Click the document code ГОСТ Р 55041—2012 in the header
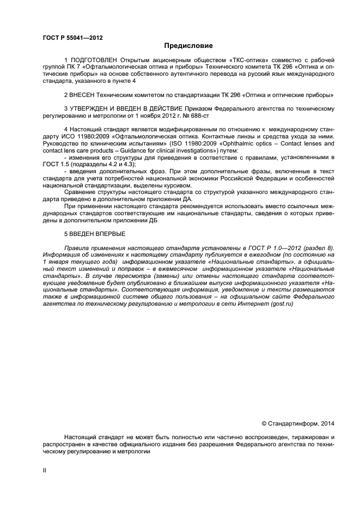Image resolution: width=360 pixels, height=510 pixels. (x=72, y=38)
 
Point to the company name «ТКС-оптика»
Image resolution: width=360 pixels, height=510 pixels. (x=235, y=59)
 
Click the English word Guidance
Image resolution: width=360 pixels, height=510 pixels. (x=133, y=150)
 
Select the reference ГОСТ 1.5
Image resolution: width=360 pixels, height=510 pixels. (x=54, y=164)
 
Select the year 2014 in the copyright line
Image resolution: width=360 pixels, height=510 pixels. (x=328, y=423)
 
